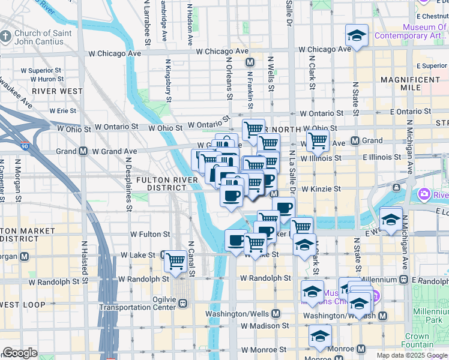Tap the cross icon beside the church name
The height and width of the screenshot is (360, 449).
click(x=6, y=37)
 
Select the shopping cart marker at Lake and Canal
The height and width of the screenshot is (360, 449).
click(x=175, y=261)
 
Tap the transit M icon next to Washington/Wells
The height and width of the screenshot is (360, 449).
click(x=276, y=313)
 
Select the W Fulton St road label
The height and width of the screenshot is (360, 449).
click(x=150, y=235)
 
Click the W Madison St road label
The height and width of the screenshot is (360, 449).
click(x=265, y=326)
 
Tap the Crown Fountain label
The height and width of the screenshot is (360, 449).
click(x=426, y=340)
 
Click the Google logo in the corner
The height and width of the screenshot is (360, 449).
click(x=20, y=353)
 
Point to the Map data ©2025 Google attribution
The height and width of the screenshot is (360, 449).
click(x=412, y=355)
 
